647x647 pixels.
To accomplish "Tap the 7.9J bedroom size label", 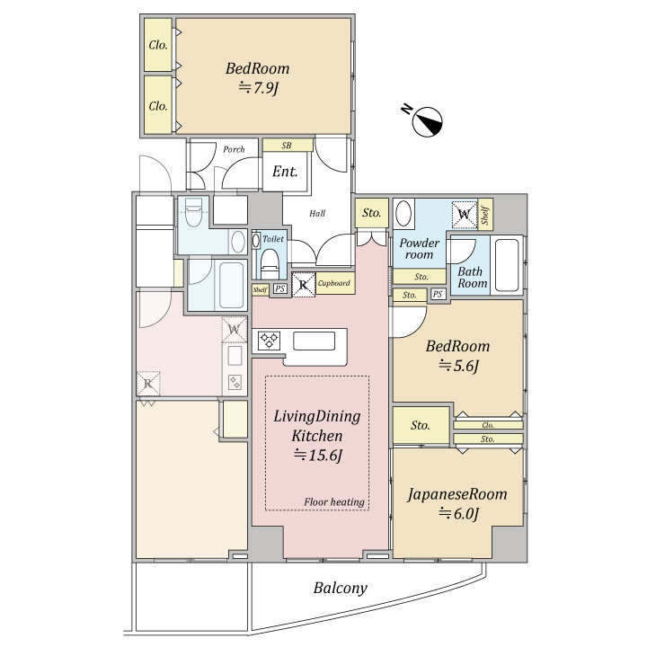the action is [258, 87].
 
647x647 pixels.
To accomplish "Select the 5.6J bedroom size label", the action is [458, 365].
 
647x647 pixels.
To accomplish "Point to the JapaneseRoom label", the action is [457, 494].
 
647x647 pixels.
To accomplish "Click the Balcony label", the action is [340, 588].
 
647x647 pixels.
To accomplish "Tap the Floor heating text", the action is [334, 501].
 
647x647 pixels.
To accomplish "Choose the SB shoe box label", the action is [287, 146].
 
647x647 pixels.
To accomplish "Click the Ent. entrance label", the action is [285, 172].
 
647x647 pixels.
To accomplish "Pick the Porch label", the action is [234, 149].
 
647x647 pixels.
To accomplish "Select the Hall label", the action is [317, 213].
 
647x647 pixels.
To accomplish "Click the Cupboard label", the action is [333, 283].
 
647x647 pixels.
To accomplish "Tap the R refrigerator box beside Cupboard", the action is [304, 284].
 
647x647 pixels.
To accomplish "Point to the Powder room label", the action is [420, 248].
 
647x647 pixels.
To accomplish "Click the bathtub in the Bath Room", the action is [507, 265].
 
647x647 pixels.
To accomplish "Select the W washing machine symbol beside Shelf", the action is [465, 214].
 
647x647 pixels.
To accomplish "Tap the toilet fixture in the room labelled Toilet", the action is [270, 264].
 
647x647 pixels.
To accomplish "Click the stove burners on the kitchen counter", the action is [269, 341].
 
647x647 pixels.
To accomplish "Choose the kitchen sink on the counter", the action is [314, 341].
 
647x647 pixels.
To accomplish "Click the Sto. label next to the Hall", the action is [371, 212].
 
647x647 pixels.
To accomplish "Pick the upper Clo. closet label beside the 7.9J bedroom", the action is [158, 45].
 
